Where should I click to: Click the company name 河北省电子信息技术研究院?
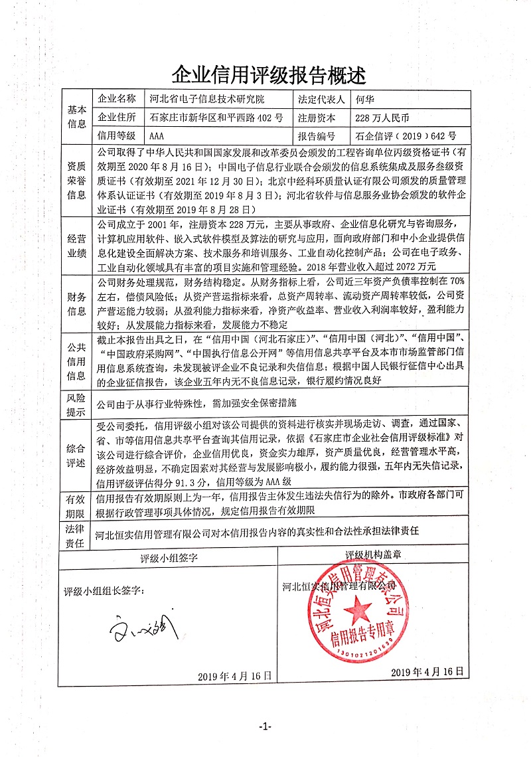pos(207,100)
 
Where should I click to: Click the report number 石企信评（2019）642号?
pos(406,136)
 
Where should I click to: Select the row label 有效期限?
pos(77,504)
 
